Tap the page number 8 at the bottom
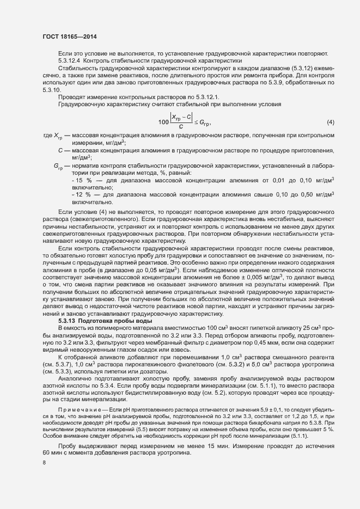(44, 463)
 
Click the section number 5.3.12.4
(71, 60)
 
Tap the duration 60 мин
(53, 439)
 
